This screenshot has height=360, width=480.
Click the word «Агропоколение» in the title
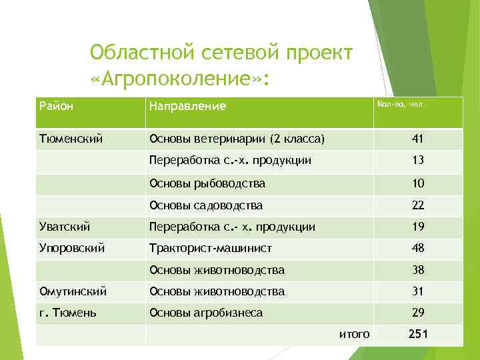coord(179,80)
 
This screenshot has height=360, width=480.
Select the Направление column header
coord(187,106)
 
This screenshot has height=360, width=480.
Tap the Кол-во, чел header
coord(400,104)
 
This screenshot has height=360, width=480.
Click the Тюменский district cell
coord(71,139)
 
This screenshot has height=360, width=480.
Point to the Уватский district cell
coord(65,227)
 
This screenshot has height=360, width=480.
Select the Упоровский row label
coord(72,248)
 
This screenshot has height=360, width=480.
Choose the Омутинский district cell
coord(73,291)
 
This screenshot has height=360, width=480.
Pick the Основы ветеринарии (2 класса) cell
coord(237,139)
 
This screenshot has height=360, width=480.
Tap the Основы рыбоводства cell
coord(207,183)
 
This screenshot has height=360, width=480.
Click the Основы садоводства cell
coord(206,205)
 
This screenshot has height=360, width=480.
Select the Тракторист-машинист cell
coord(211,248)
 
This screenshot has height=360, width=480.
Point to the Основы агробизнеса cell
coord(206,313)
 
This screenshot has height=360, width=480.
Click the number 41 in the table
coord(418,139)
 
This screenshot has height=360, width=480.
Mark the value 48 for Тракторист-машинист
coord(418,248)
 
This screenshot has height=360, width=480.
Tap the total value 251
coord(418,334)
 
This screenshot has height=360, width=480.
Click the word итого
coord(354,334)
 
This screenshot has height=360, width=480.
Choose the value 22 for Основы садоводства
coord(418,205)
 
